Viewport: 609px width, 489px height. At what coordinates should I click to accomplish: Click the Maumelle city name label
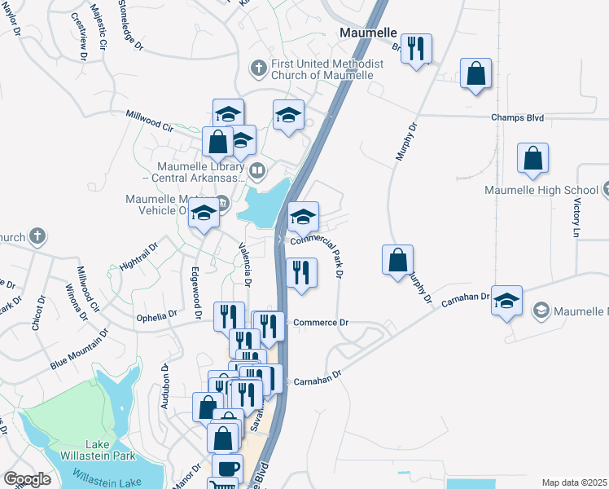click(x=368, y=33)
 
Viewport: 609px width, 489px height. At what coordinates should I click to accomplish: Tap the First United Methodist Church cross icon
click(x=257, y=68)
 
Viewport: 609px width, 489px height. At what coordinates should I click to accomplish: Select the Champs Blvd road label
click(x=517, y=118)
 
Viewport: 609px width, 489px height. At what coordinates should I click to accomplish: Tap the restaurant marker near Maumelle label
click(x=416, y=49)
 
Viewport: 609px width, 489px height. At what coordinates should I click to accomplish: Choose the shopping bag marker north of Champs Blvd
click(x=475, y=74)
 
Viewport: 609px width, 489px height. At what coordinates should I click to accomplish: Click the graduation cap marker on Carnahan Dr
click(x=506, y=301)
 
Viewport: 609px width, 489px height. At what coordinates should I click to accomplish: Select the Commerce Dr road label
click(x=320, y=323)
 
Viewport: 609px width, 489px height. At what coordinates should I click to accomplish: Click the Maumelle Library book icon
click(x=257, y=170)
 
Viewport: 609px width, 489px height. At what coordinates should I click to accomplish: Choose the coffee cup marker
click(x=227, y=468)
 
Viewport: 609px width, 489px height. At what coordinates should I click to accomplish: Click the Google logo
click(x=26, y=479)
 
